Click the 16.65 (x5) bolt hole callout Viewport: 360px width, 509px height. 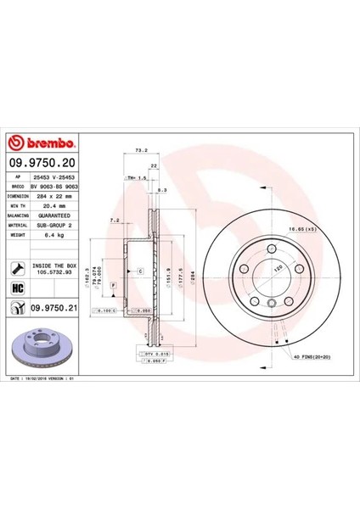point(303,229)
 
